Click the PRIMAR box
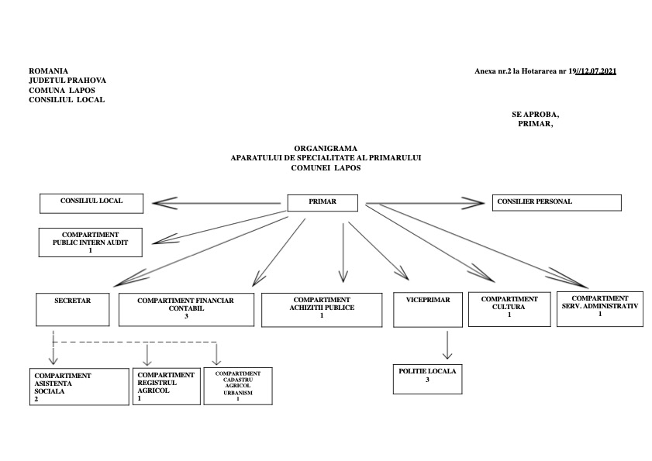coord(323,203)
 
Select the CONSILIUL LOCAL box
coord(91,203)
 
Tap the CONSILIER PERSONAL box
coord(557,202)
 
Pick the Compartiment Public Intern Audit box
coord(90,243)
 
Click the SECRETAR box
coord(73,309)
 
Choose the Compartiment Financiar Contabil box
coord(186,310)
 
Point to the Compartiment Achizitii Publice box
coord(322,310)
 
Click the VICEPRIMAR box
coord(428,310)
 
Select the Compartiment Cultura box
coord(509,309)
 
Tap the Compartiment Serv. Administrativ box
coord(600,309)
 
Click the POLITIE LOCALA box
coord(427,379)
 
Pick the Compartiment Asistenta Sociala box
coord(79,387)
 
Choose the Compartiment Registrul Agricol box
coord(167,386)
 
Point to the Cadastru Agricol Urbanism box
coord(238,386)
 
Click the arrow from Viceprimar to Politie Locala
coord(447,345)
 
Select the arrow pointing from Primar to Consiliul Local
coord(216,203)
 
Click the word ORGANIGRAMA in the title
coord(326,149)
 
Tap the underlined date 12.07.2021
coord(599,71)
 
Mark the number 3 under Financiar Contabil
coord(186,316)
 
